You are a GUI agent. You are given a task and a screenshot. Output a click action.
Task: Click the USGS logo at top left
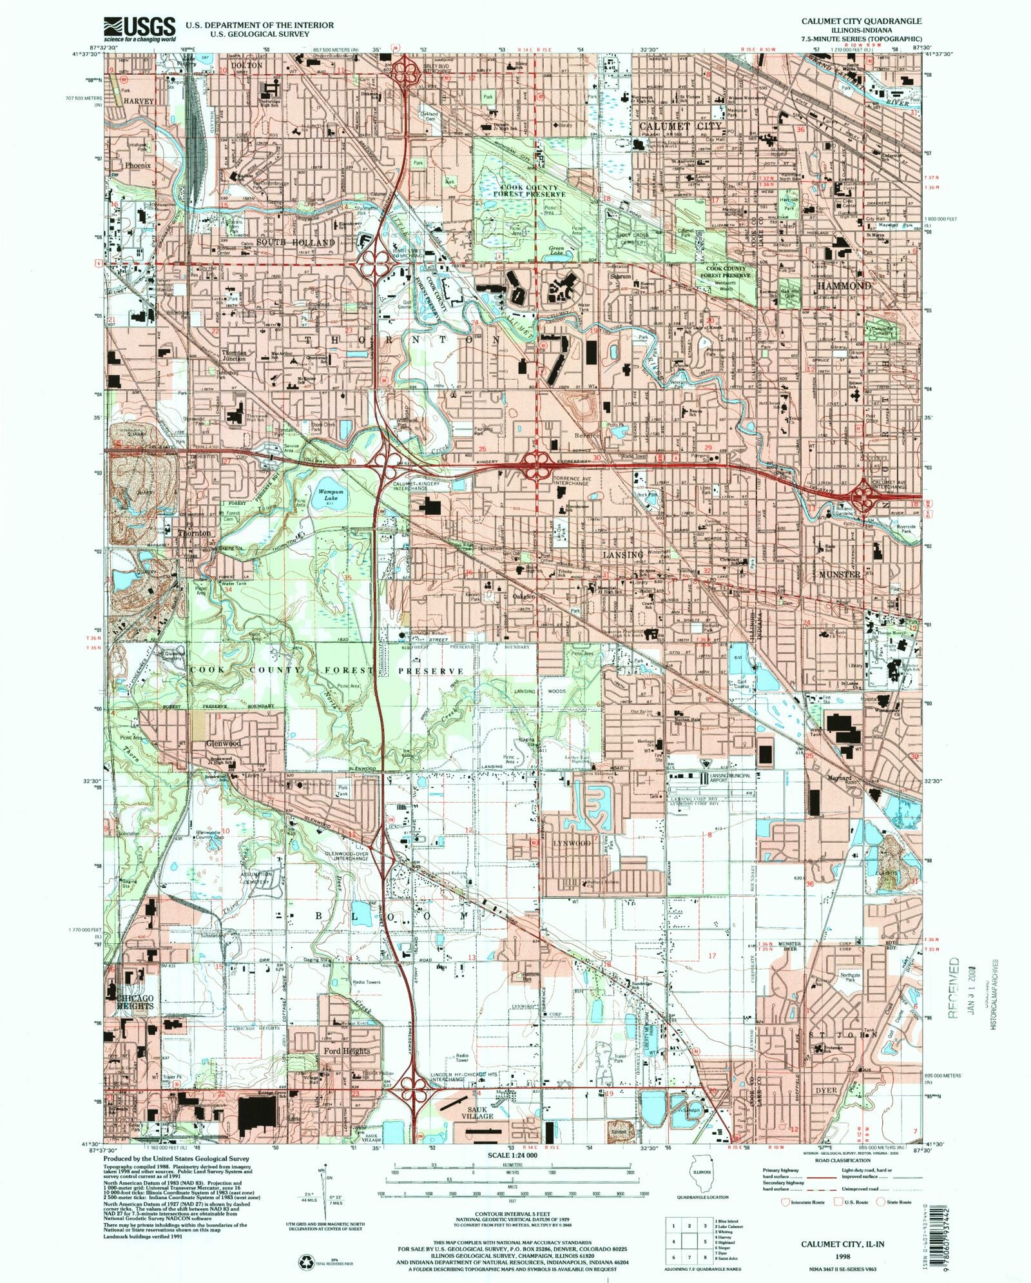[x=139, y=28]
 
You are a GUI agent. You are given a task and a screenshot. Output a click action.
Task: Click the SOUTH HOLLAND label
[x=296, y=242]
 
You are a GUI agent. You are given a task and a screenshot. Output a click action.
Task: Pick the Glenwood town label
[x=223, y=743]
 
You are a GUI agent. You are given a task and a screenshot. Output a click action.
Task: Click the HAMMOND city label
[x=844, y=285]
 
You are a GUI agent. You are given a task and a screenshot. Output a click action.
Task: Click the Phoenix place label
[x=138, y=166]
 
